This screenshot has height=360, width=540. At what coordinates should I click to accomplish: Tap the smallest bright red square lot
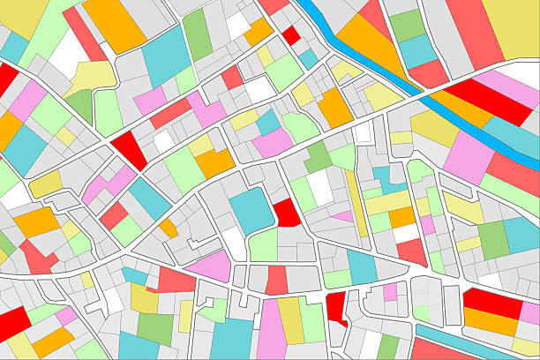pyautogui.click(x=290, y=35)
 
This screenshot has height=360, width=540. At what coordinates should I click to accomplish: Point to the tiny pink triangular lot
pyautogui.click(x=342, y=215)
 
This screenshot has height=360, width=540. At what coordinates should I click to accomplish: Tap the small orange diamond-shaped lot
pyautogui.click(x=168, y=229)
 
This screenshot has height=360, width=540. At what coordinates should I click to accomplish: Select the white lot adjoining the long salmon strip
pyautogui.click(x=67, y=53)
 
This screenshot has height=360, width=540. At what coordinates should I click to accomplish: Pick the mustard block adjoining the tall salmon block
pyautogui.click(x=511, y=26)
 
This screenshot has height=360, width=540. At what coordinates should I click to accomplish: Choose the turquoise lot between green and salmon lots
pyautogui.click(x=418, y=50)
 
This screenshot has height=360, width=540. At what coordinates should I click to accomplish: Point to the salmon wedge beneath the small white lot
pyautogui.click(x=411, y=251)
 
